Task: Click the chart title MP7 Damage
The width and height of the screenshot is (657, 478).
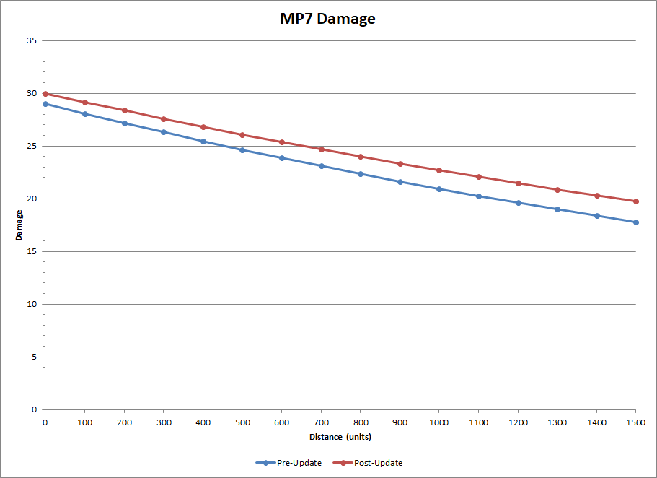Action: (327, 19)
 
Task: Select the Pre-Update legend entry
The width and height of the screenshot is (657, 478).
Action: (288, 463)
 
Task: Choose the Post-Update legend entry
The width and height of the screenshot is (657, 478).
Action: (368, 463)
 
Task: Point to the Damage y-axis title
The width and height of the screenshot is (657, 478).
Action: (19, 225)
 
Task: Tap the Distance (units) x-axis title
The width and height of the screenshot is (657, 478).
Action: (340, 437)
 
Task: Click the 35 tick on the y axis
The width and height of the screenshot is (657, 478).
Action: (32, 40)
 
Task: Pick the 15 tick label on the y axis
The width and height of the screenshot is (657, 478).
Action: (32, 251)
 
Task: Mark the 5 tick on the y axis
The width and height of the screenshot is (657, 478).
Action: (35, 357)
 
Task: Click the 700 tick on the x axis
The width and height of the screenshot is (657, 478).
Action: (322, 422)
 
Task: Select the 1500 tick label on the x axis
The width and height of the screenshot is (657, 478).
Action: (635, 422)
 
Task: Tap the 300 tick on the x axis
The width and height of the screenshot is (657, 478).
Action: (164, 422)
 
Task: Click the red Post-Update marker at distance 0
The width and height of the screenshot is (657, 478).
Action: (45, 94)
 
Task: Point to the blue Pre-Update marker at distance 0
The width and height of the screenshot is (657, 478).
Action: (45, 104)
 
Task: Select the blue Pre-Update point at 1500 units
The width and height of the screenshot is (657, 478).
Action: (636, 222)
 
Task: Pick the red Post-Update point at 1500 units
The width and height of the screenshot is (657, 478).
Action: (636, 201)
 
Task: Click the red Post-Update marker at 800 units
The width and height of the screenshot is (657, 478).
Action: (361, 157)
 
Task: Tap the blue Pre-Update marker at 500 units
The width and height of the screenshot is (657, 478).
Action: (242, 149)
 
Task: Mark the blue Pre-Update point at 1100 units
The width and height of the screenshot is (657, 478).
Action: (478, 196)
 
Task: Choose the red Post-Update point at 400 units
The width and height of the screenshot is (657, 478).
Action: (203, 127)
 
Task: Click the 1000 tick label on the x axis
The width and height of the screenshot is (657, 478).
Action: (439, 422)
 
